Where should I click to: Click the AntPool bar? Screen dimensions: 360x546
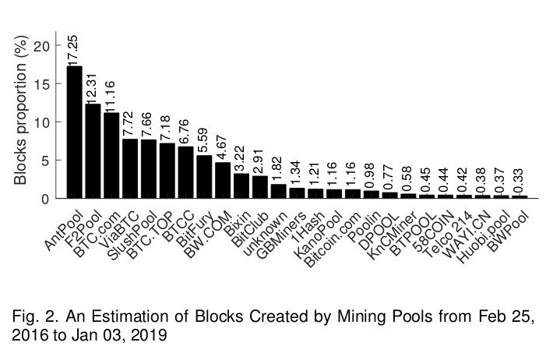pyautogui.click(x=75, y=132)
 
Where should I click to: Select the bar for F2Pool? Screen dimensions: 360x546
pyautogui.click(x=93, y=151)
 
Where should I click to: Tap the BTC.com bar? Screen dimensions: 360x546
pyautogui.click(x=111, y=156)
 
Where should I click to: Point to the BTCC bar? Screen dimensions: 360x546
pyautogui.click(x=185, y=172)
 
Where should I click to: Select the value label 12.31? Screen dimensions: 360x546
pyautogui.click(x=93, y=86)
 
